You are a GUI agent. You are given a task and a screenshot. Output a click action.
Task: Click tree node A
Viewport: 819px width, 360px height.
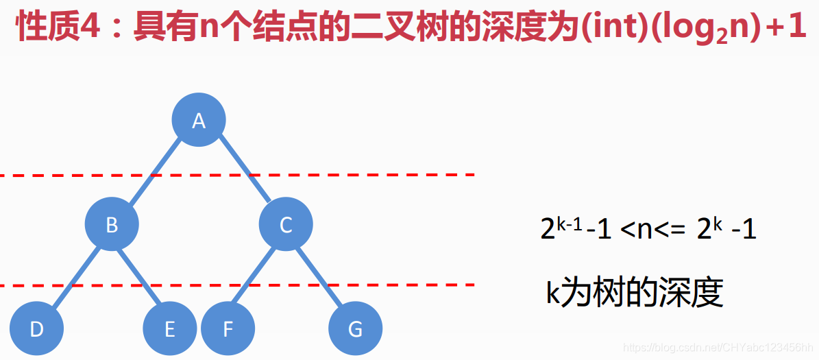point(199,121)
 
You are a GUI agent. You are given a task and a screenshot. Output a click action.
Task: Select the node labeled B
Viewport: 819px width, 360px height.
point(112,224)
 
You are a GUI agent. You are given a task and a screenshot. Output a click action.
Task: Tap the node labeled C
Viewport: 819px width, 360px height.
point(286,224)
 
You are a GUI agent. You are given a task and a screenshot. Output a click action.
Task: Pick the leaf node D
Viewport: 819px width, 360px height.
point(37,329)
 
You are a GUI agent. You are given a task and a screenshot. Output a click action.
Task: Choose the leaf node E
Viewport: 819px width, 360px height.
point(169,329)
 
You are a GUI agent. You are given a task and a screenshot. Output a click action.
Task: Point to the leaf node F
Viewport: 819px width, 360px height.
point(228,329)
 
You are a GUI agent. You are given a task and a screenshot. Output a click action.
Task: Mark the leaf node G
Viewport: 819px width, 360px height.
point(355,329)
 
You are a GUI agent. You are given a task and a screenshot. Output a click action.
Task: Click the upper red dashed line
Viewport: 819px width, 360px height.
point(411,175)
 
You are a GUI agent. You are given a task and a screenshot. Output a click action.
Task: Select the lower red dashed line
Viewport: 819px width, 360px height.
point(411,284)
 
